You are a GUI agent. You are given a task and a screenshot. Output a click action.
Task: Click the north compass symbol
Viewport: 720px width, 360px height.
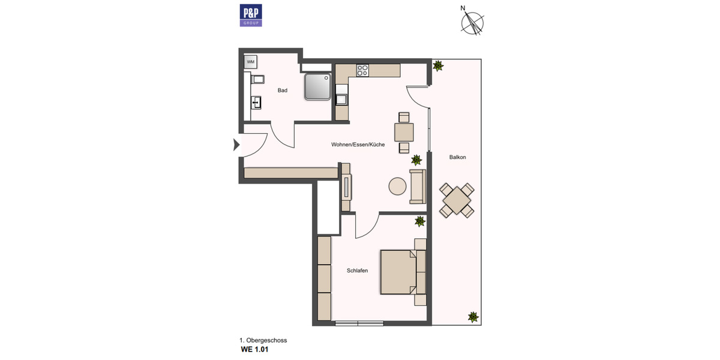pyautogui.click(x=473, y=22)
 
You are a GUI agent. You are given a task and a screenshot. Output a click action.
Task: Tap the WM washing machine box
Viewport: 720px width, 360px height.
pyautogui.click(x=251, y=61)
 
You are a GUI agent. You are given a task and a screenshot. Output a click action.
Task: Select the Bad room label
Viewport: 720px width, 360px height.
pyautogui.click(x=282, y=91)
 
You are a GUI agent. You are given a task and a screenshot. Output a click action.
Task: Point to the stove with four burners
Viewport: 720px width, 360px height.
pyautogui.click(x=362, y=70)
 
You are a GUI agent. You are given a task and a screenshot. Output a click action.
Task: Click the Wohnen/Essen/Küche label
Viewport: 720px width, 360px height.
pyautogui.click(x=358, y=145)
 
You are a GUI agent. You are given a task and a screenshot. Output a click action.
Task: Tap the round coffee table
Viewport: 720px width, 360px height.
pyautogui.click(x=397, y=187)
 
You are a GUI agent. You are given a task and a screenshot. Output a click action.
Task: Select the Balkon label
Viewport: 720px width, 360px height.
pyautogui.click(x=457, y=157)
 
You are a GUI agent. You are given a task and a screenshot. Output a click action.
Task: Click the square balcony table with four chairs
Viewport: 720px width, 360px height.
pyautogui.click(x=457, y=200)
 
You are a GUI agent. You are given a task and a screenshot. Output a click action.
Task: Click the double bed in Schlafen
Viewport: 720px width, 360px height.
pyautogui.click(x=398, y=272)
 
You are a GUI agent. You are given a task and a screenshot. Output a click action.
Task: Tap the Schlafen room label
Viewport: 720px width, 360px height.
pyautogui.click(x=357, y=271)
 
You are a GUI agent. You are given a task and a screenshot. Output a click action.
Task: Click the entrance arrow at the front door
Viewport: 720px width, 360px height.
pyautogui.click(x=236, y=144)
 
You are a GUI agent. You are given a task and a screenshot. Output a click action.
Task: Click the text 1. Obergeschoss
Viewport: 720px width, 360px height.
pyautogui.click(x=263, y=340)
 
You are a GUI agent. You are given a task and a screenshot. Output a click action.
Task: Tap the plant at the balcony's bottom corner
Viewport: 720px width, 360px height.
pyautogui.click(x=473, y=316)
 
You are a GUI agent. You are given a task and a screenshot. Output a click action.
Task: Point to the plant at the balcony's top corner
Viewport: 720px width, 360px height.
pyautogui.click(x=439, y=65)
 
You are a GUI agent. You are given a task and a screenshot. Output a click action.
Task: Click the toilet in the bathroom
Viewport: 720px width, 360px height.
pyautogui.click(x=257, y=80)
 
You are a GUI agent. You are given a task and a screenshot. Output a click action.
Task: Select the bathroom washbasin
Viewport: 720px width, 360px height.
pyautogui.click(x=256, y=103)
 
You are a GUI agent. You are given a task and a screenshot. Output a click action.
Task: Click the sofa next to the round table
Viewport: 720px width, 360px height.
pyautogui.click(x=417, y=186)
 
